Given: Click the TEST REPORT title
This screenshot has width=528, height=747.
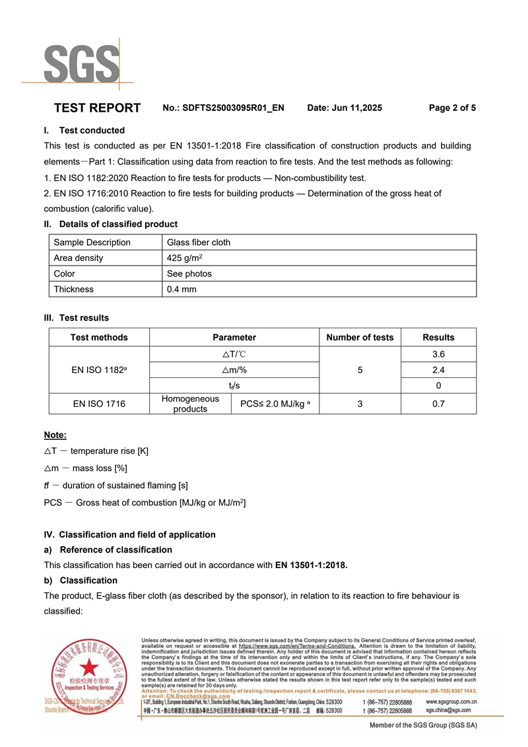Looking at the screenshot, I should tap(97, 108).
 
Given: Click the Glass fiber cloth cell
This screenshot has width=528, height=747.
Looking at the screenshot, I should tap(199, 242).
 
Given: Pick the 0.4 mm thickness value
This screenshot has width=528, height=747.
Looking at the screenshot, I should tap(181, 289).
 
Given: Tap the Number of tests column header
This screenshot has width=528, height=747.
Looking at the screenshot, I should tap(360, 338).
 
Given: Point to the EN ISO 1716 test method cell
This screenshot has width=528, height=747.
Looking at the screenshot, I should tap(99, 404).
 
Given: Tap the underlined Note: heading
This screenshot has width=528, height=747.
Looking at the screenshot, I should tap(55, 435).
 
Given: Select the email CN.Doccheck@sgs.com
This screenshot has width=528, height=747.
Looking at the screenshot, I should tap(198, 695).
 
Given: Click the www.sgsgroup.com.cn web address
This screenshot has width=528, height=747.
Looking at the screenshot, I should tap(451, 701).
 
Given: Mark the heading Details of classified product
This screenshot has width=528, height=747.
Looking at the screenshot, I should tap(118, 224).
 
